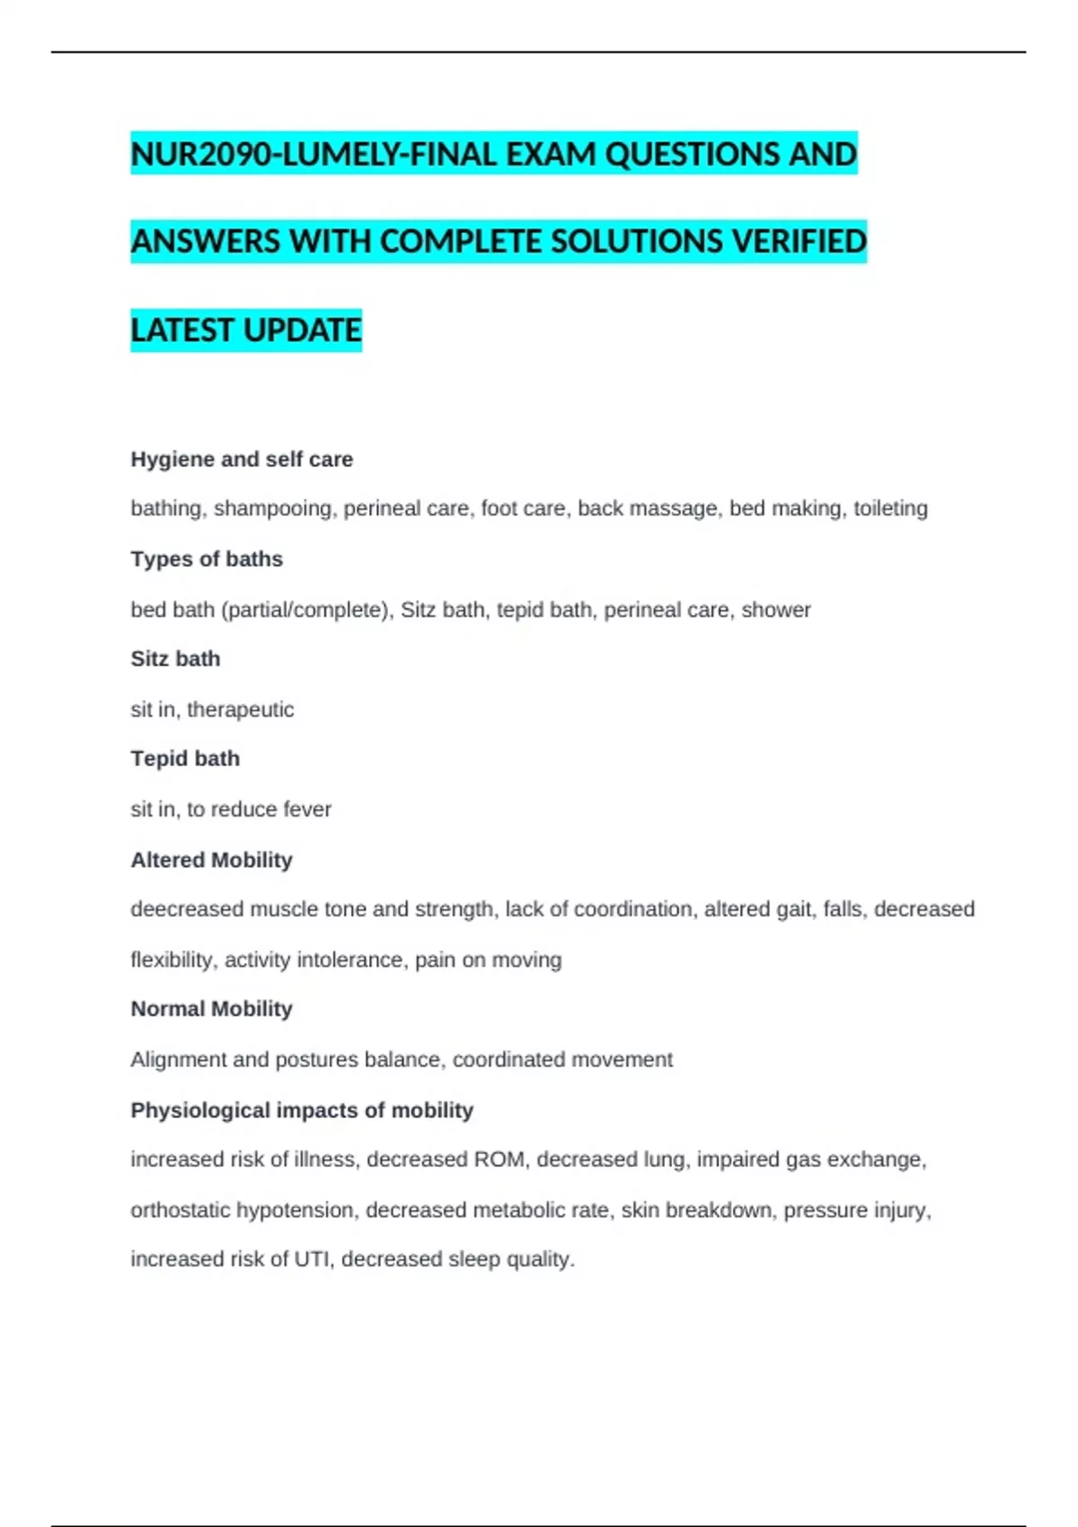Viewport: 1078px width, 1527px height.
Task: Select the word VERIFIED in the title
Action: (x=800, y=242)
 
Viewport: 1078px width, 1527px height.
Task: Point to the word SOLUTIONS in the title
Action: (x=636, y=242)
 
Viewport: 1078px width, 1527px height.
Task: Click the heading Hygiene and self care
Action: (x=242, y=459)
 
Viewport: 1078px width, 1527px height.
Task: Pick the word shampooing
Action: (x=272, y=508)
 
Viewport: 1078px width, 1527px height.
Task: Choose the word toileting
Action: (x=890, y=508)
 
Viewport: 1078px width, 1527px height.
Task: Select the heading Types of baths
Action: (x=207, y=559)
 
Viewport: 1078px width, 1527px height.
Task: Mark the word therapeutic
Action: (x=240, y=710)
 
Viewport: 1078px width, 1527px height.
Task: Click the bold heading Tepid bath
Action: (x=185, y=759)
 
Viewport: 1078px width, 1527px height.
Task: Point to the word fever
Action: (x=307, y=809)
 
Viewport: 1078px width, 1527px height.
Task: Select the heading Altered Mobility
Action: (x=212, y=860)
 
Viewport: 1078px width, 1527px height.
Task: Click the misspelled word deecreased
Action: (x=187, y=909)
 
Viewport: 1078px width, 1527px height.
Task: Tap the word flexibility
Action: (x=173, y=959)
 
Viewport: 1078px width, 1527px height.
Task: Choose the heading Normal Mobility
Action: (x=212, y=1009)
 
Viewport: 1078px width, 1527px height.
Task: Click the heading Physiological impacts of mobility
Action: (x=302, y=1110)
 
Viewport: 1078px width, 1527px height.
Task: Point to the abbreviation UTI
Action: (x=312, y=1259)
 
